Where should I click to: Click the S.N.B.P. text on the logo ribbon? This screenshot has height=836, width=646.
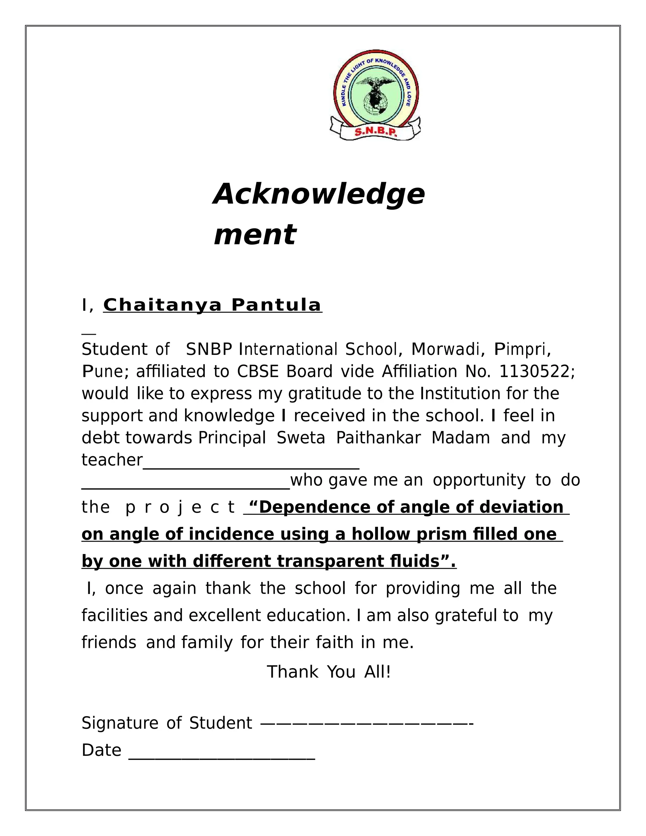coord(376,132)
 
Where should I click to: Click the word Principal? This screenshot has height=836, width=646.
coord(232,438)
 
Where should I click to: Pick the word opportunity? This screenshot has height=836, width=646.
coord(479,480)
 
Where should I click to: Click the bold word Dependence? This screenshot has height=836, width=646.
coord(316,507)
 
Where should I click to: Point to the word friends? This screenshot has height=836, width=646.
coord(109,642)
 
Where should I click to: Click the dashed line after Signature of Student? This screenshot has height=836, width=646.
coord(367,723)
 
